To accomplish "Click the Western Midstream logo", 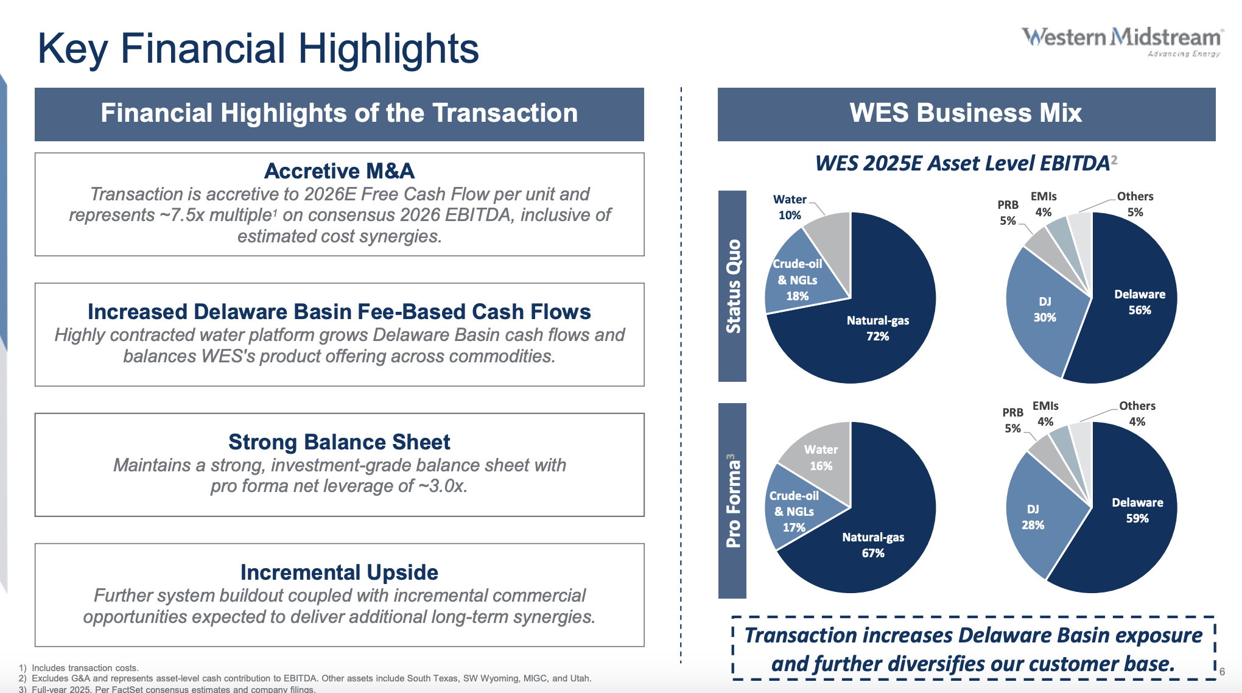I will (1121, 40).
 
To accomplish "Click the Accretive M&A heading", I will (339, 171).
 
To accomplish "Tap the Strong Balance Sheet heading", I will (339, 442).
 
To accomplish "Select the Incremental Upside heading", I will (339, 572).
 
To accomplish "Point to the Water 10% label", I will (790, 207).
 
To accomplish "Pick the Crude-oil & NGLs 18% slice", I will (798, 280).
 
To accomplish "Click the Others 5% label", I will (1135, 204).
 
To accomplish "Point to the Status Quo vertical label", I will (732, 286).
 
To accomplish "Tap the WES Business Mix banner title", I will (966, 113).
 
